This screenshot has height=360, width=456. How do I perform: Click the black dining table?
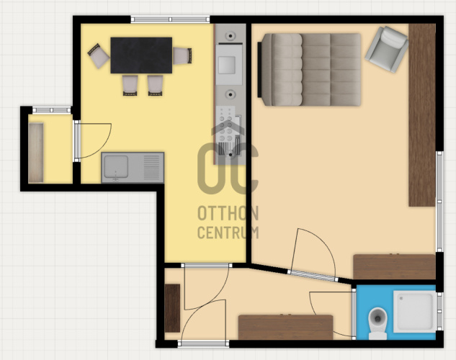point(141,55)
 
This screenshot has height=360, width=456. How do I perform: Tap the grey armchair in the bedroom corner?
point(387,49)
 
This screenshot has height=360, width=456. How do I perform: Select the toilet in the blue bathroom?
point(377,323)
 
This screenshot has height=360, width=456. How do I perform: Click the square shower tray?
point(415,312)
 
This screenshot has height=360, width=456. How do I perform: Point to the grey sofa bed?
point(310,70)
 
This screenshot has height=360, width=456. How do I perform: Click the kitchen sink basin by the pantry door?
point(116,167)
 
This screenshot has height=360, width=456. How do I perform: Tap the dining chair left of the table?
point(98,56)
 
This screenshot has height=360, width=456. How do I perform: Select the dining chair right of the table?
point(182,55)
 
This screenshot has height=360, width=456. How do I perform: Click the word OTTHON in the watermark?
point(228,214)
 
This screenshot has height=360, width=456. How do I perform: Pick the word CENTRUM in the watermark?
point(228,233)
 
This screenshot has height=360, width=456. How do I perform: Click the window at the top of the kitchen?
point(170,19)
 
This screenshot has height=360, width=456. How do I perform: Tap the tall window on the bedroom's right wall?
point(439,202)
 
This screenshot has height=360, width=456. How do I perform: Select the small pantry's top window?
point(51,110)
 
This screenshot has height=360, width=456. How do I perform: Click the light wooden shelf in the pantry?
point(36,153)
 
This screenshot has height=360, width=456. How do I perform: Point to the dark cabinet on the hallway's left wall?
point(172,308)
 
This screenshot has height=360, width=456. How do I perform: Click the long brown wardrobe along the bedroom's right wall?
point(422,115)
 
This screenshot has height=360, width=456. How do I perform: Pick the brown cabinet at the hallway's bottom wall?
point(285,327)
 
